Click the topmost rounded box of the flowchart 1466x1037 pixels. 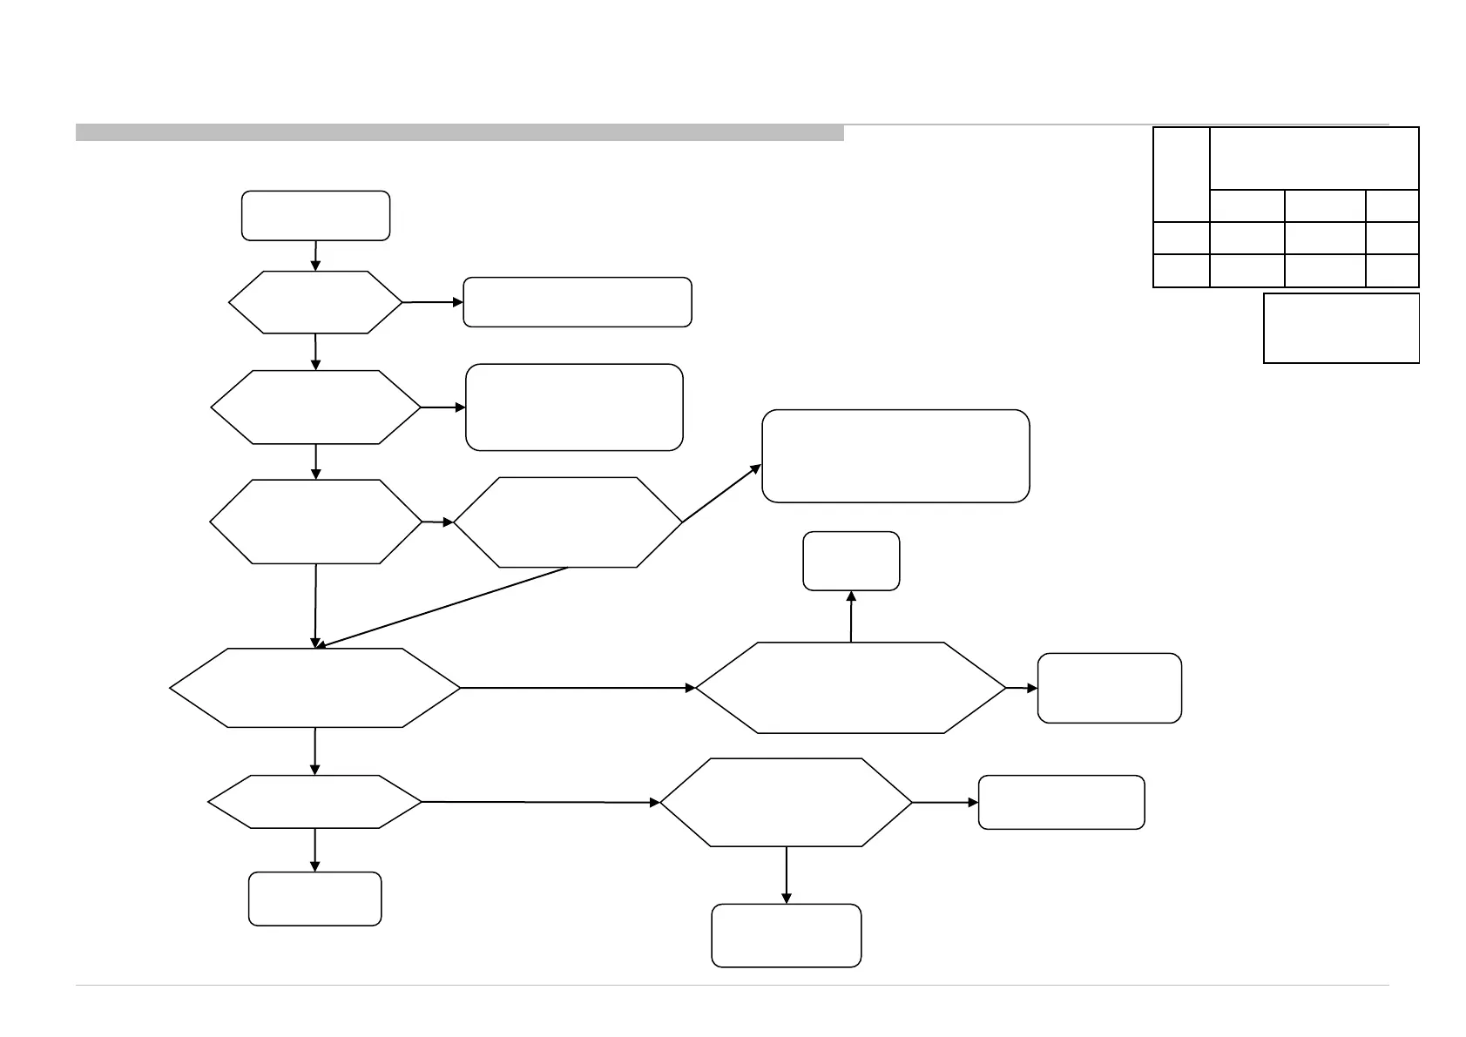[315, 215]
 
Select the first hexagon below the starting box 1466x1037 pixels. [315, 302]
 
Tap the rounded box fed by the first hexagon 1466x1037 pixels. [577, 302]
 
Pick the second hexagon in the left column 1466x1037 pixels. [315, 407]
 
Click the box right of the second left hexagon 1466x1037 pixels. [574, 407]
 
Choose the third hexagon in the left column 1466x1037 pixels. [315, 522]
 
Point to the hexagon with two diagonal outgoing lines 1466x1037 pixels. [568, 522]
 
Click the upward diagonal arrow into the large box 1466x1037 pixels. [721, 494]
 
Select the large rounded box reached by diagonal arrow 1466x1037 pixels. [895, 456]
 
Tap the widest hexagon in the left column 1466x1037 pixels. [315, 688]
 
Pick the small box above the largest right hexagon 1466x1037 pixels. [851, 561]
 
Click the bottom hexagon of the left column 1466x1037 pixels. [315, 801]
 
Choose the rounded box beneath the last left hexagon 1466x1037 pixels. [315, 899]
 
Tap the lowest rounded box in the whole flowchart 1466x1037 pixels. [787, 935]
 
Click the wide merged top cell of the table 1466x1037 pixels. [1314, 158]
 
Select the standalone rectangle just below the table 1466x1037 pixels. [1341, 327]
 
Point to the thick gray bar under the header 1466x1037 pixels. [460, 133]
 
